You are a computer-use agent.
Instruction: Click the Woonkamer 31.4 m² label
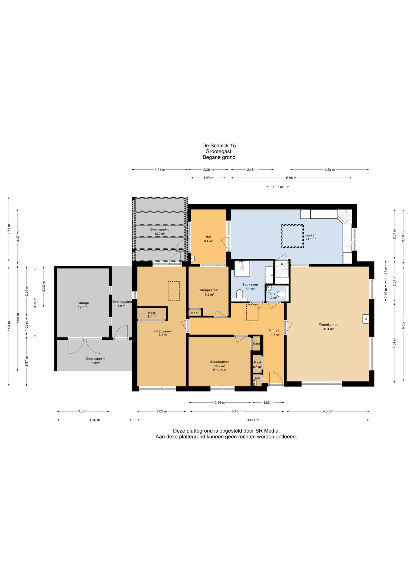pyautogui.click(x=328, y=327)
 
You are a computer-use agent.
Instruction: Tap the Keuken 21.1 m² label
pyautogui.click(x=310, y=237)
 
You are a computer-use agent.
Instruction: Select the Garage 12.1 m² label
pyautogui.click(x=83, y=305)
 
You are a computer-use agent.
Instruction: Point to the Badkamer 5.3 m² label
pyautogui.click(x=250, y=287)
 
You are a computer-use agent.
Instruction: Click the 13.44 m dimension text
pyautogui.click(x=253, y=420)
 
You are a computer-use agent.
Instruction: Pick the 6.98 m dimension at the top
pyautogui.click(x=291, y=178)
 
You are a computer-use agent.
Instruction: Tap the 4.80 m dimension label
pyautogui.click(x=328, y=411)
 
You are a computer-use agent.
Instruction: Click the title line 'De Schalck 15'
pyautogui.click(x=219, y=146)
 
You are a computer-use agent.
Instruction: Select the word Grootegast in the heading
pyautogui.click(x=218, y=152)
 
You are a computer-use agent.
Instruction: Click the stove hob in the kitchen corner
pyautogui.click(x=345, y=216)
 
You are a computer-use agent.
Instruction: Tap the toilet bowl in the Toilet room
pyautogui.click(x=281, y=294)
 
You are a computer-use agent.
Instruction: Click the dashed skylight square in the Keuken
pyautogui.click(x=292, y=236)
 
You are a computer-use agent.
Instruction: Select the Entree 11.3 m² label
pyautogui.click(x=274, y=332)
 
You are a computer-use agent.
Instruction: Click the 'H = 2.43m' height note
pyautogui.click(x=219, y=370)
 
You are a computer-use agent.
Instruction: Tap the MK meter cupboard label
pyautogui.click(x=257, y=378)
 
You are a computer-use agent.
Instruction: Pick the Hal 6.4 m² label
pyautogui.click(x=208, y=239)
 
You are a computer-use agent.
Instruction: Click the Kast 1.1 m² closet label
pyautogui.click(x=152, y=315)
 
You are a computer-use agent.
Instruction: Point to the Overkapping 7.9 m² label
pyautogui.click(x=96, y=361)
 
